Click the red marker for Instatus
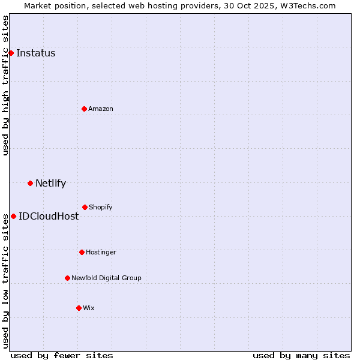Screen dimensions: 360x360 [x=11, y=53]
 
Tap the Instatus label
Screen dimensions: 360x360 [x=35, y=53]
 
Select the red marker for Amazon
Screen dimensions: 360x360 [x=84, y=109]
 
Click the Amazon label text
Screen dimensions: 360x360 [x=100, y=109]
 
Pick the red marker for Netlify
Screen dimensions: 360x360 [x=30, y=183]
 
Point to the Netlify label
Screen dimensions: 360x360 [x=50, y=184]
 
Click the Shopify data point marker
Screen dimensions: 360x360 [x=85, y=207]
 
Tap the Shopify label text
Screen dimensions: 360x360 [x=100, y=207]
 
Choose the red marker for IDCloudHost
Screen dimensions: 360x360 [x=13, y=216]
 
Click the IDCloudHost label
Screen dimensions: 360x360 [x=49, y=216]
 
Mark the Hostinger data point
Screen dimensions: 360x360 [x=82, y=252]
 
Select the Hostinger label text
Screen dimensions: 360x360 [x=101, y=252]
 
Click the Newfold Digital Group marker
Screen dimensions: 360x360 [x=67, y=278]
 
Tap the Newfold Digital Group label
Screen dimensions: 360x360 [x=106, y=278]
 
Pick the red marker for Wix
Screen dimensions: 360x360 [x=79, y=308]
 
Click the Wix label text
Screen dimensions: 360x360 [x=88, y=308]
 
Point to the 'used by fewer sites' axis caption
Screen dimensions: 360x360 [x=62, y=355]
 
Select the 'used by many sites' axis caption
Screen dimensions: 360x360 [x=301, y=355]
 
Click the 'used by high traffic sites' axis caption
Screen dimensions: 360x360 [x=5, y=85]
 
